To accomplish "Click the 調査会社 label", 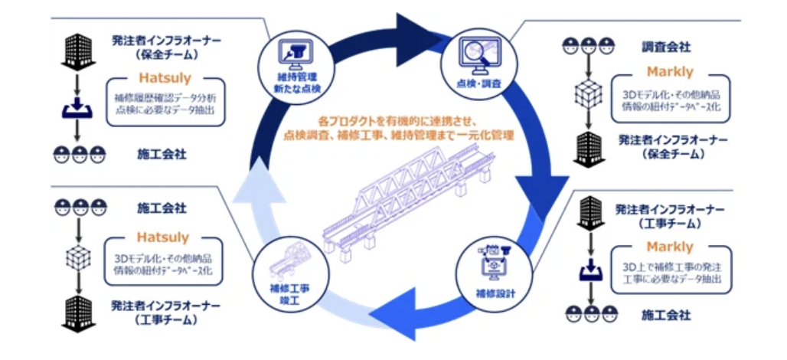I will [666, 47].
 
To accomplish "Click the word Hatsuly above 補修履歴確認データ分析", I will [165, 77].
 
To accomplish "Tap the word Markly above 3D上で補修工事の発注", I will [669, 247].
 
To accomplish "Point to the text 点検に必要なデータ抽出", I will [170, 110].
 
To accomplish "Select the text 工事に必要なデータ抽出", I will [671, 279].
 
